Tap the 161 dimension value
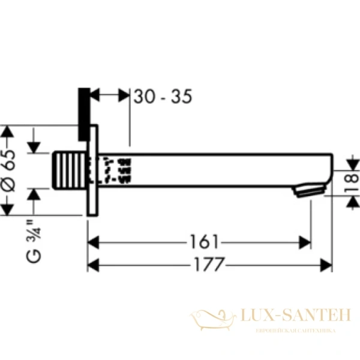pos(204,242)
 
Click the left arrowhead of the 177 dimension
pos(92,263)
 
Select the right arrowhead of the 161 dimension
pos(307,242)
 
